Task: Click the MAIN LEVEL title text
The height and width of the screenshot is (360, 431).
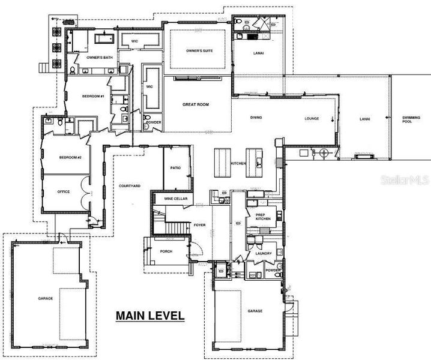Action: point(149,315)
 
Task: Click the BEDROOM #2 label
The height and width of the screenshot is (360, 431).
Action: point(70,157)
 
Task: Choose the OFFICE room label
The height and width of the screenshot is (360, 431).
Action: point(64,192)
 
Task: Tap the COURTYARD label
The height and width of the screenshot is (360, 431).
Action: point(130,186)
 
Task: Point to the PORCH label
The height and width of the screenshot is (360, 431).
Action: point(166,251)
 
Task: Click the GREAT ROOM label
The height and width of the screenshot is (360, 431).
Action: point(196,104)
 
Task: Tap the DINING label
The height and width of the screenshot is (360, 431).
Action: point(256,118)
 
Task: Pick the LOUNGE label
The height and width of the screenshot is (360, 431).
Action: point(311,118)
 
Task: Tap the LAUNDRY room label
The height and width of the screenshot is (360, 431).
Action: point(264,253)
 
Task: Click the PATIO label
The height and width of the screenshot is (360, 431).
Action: point(176,168)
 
